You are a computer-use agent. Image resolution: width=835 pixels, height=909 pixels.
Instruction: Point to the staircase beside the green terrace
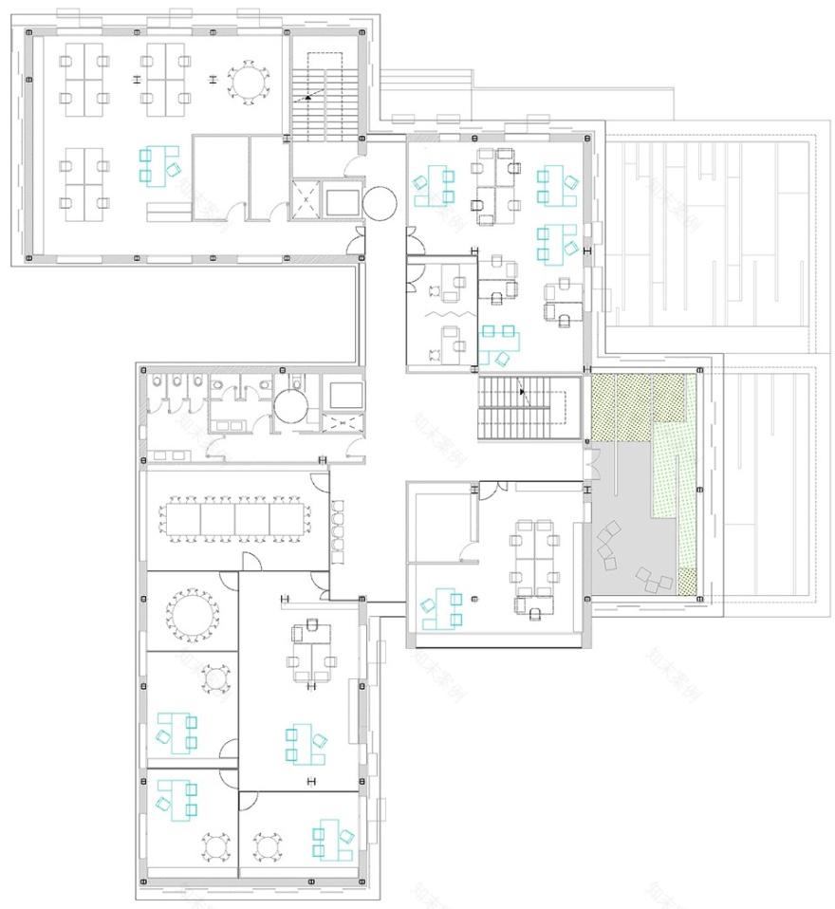pyautogui.click(x=529, y=407)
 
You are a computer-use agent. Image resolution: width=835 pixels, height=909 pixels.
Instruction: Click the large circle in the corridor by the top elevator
pyautogui.click(x=380, y=202)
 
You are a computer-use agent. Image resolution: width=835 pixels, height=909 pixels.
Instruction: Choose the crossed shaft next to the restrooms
pyautogui.click(x=341, y=423)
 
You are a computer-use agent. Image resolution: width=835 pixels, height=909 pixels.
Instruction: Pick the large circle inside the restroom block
pyautogui.click(x=291, y=407)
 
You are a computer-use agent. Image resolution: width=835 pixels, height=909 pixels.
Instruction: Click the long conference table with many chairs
pyautogui.click(x=235, y=519)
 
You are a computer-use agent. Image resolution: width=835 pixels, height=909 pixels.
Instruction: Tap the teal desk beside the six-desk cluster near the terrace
pyautogui.click(x=440, y=608)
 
